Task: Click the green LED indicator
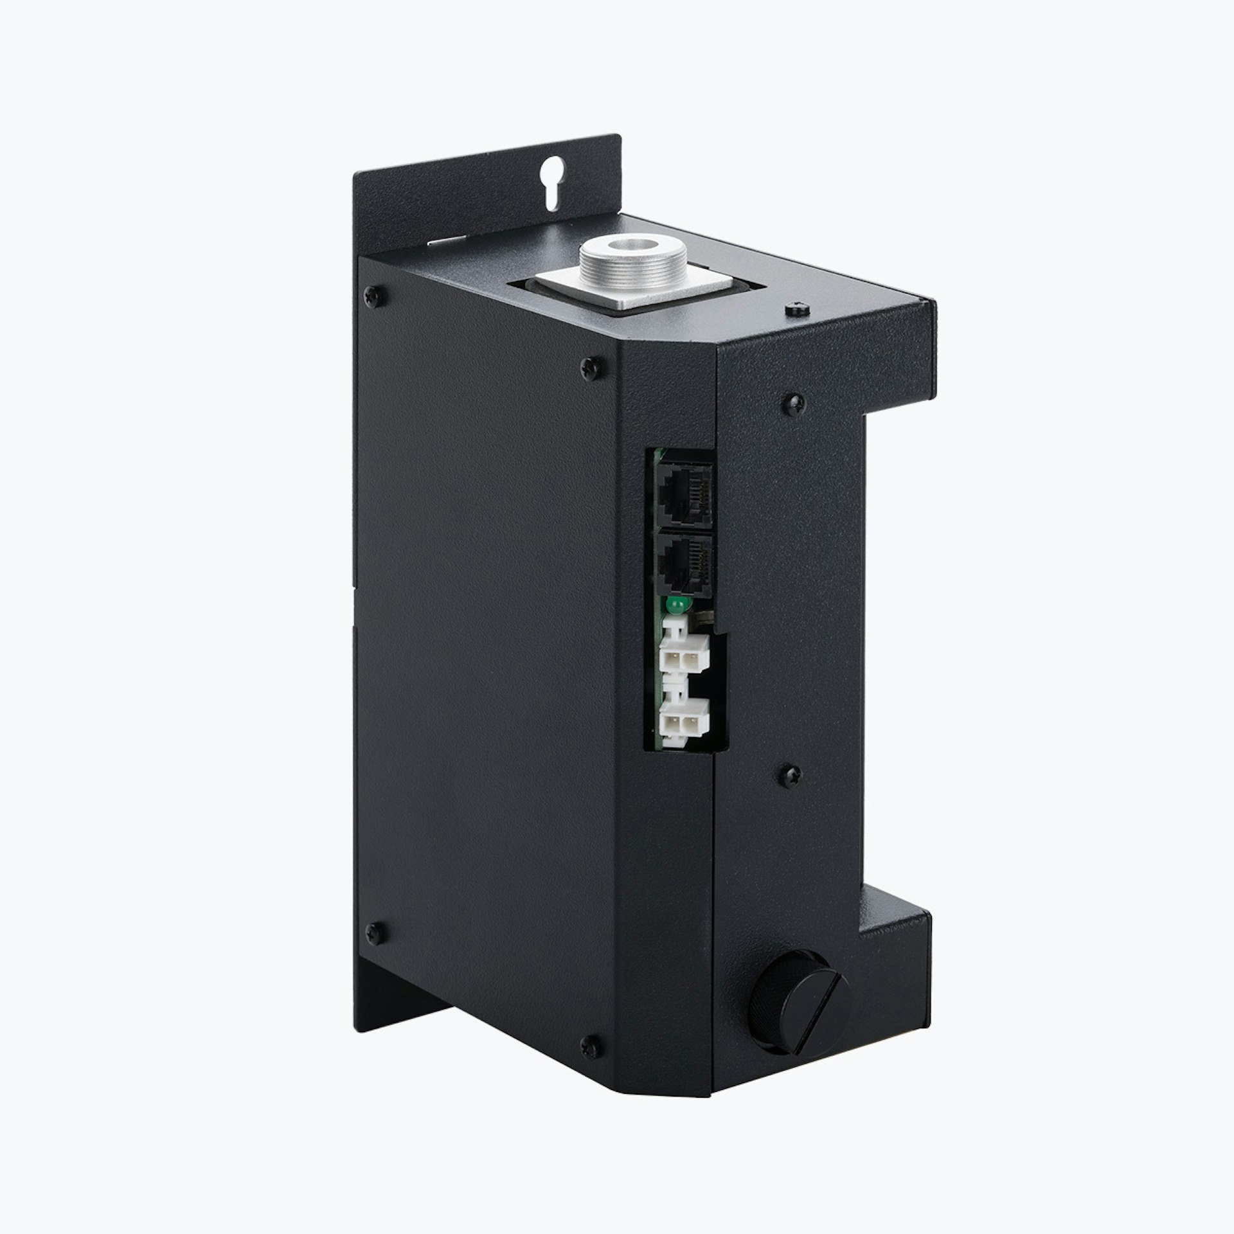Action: point(675,605)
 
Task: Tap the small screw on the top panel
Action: point(797,309)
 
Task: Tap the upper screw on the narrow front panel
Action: point(794,404)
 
